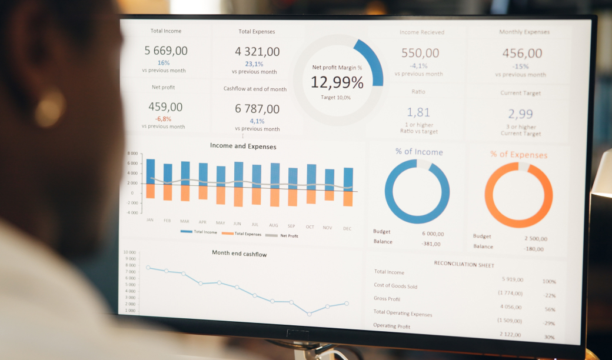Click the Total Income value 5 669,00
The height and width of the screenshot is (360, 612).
pyautogui.click(x=166, y=51)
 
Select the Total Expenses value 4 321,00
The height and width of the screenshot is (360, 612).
pyautogui.click(x=257, y=52)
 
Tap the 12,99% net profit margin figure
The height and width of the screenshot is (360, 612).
pyautogui.click(x=337, y=82)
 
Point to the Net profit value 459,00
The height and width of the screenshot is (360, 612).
pyautogui.click(x=165, y=107)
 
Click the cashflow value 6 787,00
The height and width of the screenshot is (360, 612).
pyautogui.click(x=257, y=109)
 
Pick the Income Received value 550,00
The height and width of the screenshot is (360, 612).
pyautogui.click(x=420, y=53)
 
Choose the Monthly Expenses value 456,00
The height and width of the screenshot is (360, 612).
pyautogui.click(x=522, y=54)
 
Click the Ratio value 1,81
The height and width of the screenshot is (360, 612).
pyautogui.click(x=418, y=112)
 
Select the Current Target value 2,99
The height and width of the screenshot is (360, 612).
pyautogui.click(x=520, y=114)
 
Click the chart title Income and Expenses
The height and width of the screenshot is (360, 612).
pyautogui.click(x=242, y=146)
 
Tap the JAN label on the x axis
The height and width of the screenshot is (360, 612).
pyautogui.click(x=150, y=221)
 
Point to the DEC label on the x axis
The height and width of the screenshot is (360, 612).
pyautogui.click(x=347, y=228)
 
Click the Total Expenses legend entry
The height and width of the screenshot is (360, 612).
pyautogui.click(x=248, y=234)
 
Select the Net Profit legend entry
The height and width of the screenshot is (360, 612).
pyautogui.click(x=289, y=236)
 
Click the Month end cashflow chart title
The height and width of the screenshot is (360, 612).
pyautogui.click(x=240, y=254)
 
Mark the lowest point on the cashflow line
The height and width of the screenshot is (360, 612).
pyautogui.click(x=309, y=314)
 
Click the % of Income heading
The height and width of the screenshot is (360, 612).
pyautogui.click(x=419, y=152)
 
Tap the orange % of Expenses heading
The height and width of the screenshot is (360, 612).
pyautogui.click(x=518, y=155)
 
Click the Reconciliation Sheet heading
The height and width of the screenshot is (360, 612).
pyautogui.click(x=464, y=264)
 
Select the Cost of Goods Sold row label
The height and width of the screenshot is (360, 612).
pyautogui.click(x=395, y=286)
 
